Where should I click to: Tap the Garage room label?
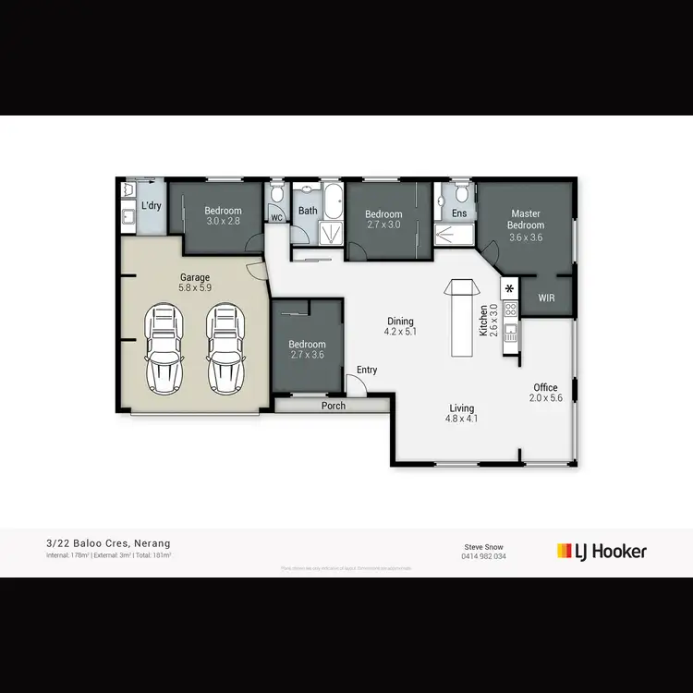(x=194, y=282)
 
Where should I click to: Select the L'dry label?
(x=151, y=204)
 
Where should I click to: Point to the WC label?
(x=275, y=218)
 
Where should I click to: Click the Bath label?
(x=308, y=211)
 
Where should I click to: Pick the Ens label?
(x=459, y=213)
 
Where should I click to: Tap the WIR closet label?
(x=547, y=298)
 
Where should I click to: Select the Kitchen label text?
(x=482, y=320)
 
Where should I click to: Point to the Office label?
(x=545, y=393)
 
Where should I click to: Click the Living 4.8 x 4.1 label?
(x=461, y=413)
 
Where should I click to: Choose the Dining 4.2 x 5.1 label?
(x=400, y=326)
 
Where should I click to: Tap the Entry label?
(x=367, y=371)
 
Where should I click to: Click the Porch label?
(x=333, y=406)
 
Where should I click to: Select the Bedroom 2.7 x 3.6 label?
(x=308, y=349)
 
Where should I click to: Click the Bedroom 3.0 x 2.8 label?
(x=223, y=216)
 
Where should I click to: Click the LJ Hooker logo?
(x=602, y=552)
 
